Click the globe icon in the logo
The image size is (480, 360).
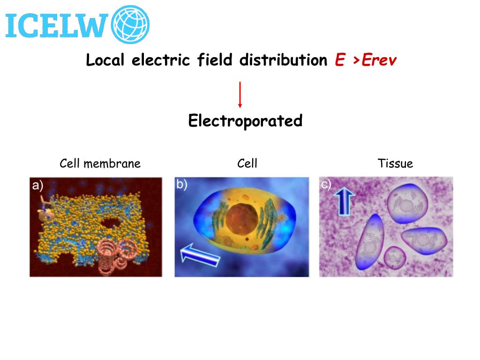pos(130,23)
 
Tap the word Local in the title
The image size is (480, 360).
pos(105,60)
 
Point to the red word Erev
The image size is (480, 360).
pos(380,60)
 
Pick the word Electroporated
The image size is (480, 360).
pos(245,121)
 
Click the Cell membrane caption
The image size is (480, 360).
pos(100,164)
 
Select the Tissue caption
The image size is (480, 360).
pos(395,164)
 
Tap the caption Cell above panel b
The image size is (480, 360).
pos(247,164)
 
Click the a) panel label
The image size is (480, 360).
pos(37,186)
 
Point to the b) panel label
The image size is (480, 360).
pos(182,185)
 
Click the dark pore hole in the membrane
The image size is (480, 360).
pos(111,222)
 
